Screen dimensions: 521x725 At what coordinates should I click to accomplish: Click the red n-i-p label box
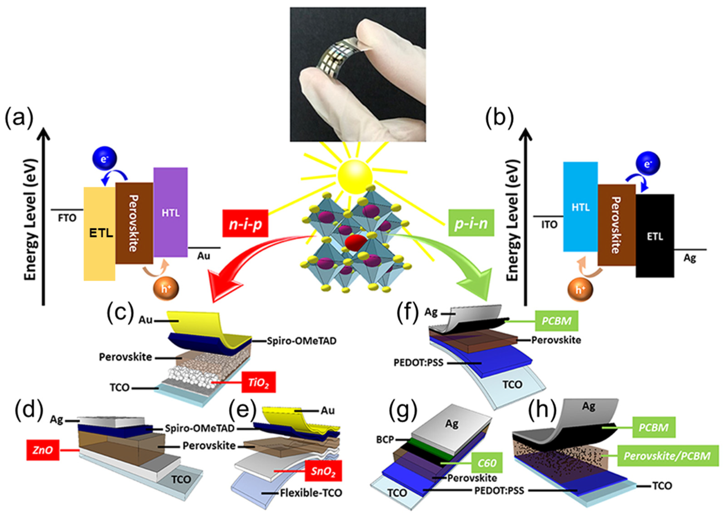tap(245, 224)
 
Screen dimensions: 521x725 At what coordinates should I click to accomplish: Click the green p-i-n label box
tap(471, 223)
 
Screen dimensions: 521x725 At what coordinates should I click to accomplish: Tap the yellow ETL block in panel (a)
tap(99, 233)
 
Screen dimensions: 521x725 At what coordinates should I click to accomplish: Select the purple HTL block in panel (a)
tap(170, 212)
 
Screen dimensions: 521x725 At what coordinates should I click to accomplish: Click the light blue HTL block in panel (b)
tap(580, 207)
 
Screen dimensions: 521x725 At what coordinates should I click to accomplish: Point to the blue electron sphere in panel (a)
tap(105, 159)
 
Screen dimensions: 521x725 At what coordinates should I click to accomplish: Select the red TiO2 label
tap(258, 382)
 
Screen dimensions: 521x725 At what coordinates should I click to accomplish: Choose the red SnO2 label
tap(323, 471)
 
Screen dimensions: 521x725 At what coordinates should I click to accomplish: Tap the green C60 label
tap(487, 462)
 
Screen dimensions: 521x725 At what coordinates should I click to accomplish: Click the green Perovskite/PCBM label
tap(667, 455)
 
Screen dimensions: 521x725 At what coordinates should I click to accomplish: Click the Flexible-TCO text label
tap(311, 493)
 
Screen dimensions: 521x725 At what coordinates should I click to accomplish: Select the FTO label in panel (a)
tap(67, 218)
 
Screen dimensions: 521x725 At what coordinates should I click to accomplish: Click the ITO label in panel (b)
tap(549, 225)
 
